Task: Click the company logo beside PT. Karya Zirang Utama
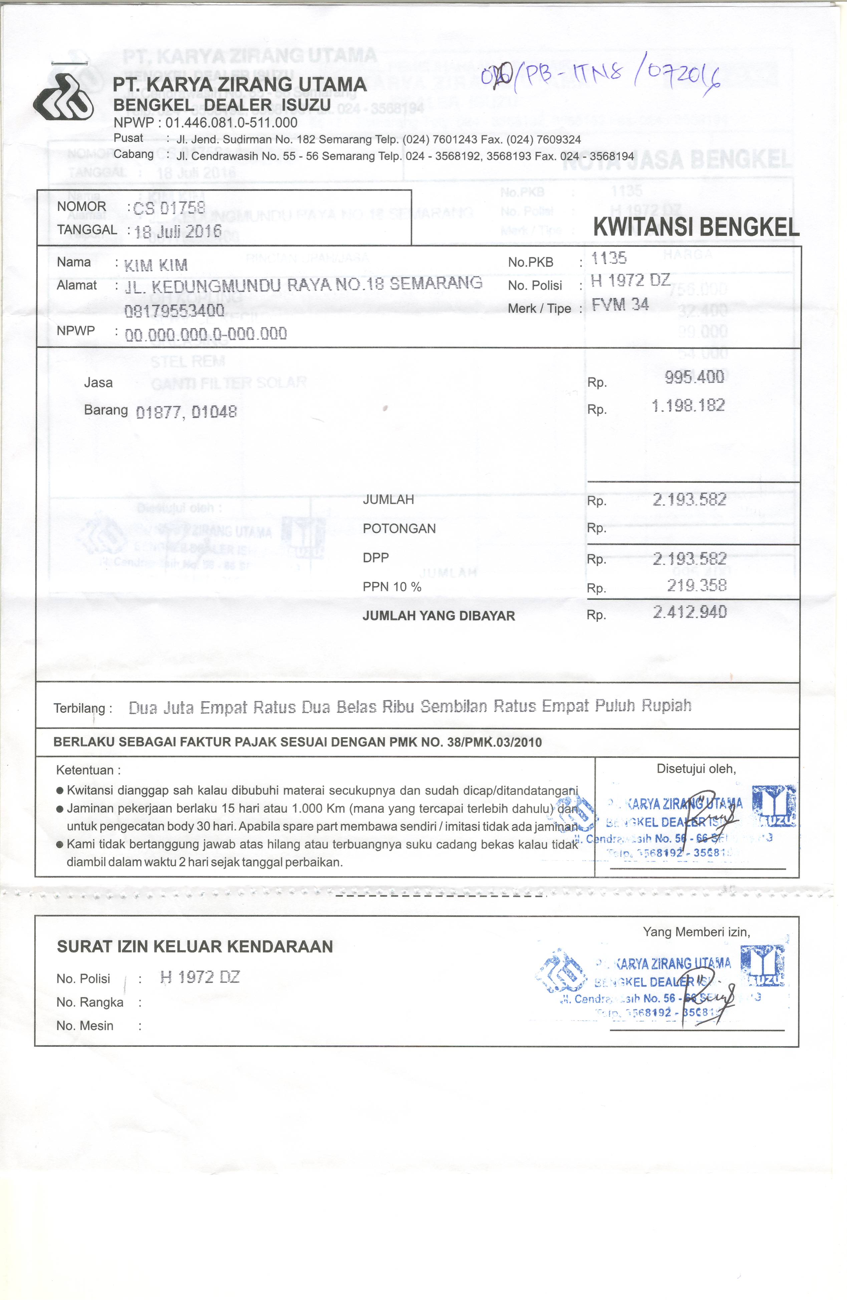click(x=63, y=97)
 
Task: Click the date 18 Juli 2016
click(x=178, y=232)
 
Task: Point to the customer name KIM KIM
click(x=156, y=266)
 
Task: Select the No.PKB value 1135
click(x=609, y=258)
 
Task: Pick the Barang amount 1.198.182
click(x=688, y=405)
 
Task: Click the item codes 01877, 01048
click(x=186, y=412)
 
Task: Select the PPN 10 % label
click(x=392, y=587)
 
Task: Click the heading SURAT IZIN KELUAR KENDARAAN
click(x=195, y=947)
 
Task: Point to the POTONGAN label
click(x=399, y=529)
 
